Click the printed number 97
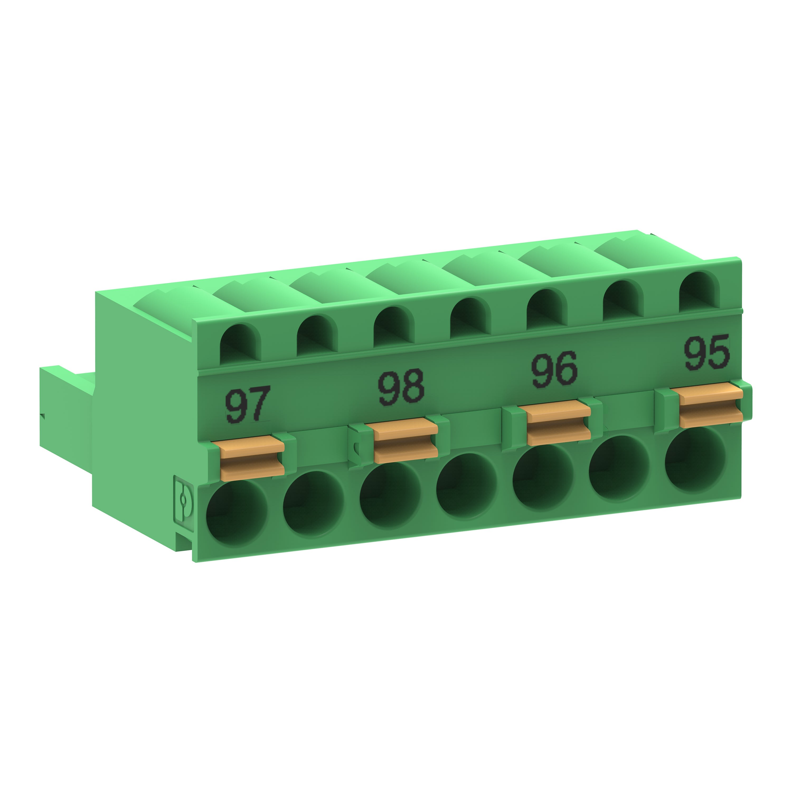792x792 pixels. coord(247,405)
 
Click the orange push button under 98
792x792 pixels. coord(406,441)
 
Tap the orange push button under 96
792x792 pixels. coord(558,423)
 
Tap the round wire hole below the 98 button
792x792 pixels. coord(390,495)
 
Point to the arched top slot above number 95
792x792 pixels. coord(699,291)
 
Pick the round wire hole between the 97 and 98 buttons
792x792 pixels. coord(313,504)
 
